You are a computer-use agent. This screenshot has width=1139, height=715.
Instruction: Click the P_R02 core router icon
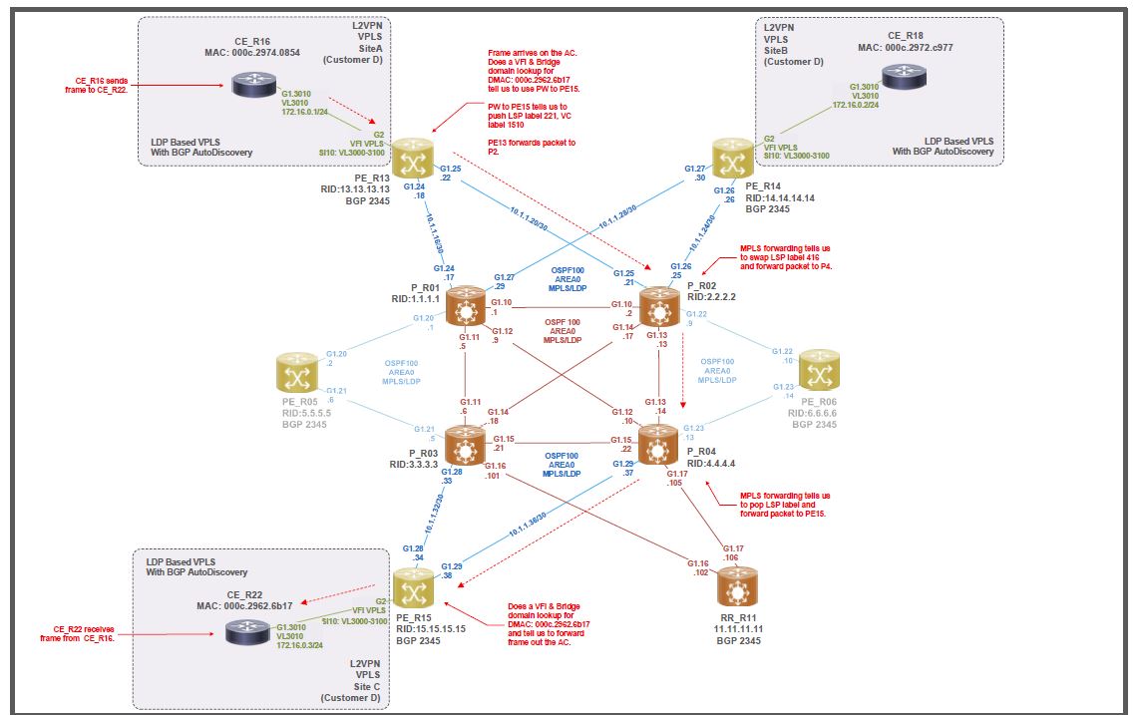pyautogui.click(x=659, y=306)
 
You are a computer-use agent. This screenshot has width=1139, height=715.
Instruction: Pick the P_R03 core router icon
pyautogui.click(x=465, y=445)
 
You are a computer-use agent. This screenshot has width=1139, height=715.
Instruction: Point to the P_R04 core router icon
pyautogui.click(x=658, y=445)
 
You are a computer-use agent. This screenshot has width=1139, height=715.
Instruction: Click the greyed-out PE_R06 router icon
pyautogui.click(x=821, y=371)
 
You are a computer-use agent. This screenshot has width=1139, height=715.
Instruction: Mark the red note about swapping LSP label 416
pyautogui.click(x=786, y=257)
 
